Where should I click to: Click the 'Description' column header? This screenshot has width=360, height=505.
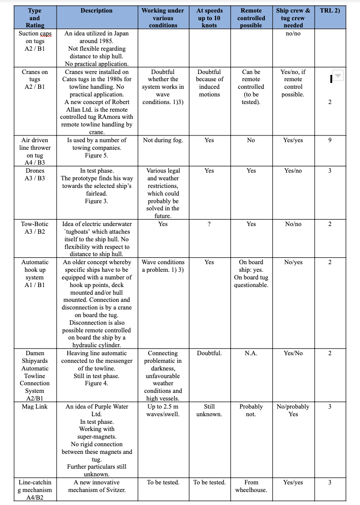click(x=97, y=10)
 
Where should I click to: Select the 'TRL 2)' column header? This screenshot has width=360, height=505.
click(x=330, y=10)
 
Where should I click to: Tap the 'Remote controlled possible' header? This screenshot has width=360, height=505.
click(x=251, y=18)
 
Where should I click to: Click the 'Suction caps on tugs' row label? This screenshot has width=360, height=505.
click(x=35, y=41)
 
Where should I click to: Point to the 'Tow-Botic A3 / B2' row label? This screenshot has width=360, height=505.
click(x=35, y=227)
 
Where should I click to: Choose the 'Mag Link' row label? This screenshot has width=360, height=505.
click(x=35, y=406)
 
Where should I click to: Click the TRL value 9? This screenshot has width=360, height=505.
click(x=330, y=140)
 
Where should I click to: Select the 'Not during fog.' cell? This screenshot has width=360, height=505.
click(x=163, y=140)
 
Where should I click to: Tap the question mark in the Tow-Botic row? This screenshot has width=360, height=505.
click(x=209, y=224)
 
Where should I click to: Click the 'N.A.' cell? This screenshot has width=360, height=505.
click(x=251, y=353)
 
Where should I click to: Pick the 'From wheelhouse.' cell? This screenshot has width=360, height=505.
click(x=251, y=486)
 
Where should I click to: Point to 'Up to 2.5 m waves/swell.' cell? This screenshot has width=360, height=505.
click(x=163, y=410)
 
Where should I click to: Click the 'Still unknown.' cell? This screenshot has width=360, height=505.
click(x=209, y=410)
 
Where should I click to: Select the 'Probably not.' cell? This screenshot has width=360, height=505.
click(x=251, y=410)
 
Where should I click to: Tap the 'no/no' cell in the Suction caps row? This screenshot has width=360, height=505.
click(x=293, y=34)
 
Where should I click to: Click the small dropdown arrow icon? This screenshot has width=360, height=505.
click(x=338, y=76)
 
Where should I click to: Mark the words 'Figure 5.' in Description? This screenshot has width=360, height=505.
click(x=97, y=155)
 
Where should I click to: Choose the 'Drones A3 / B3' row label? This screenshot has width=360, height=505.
click(x=35, y=174)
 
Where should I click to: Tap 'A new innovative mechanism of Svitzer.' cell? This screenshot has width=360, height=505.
click(x=97, y=486)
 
